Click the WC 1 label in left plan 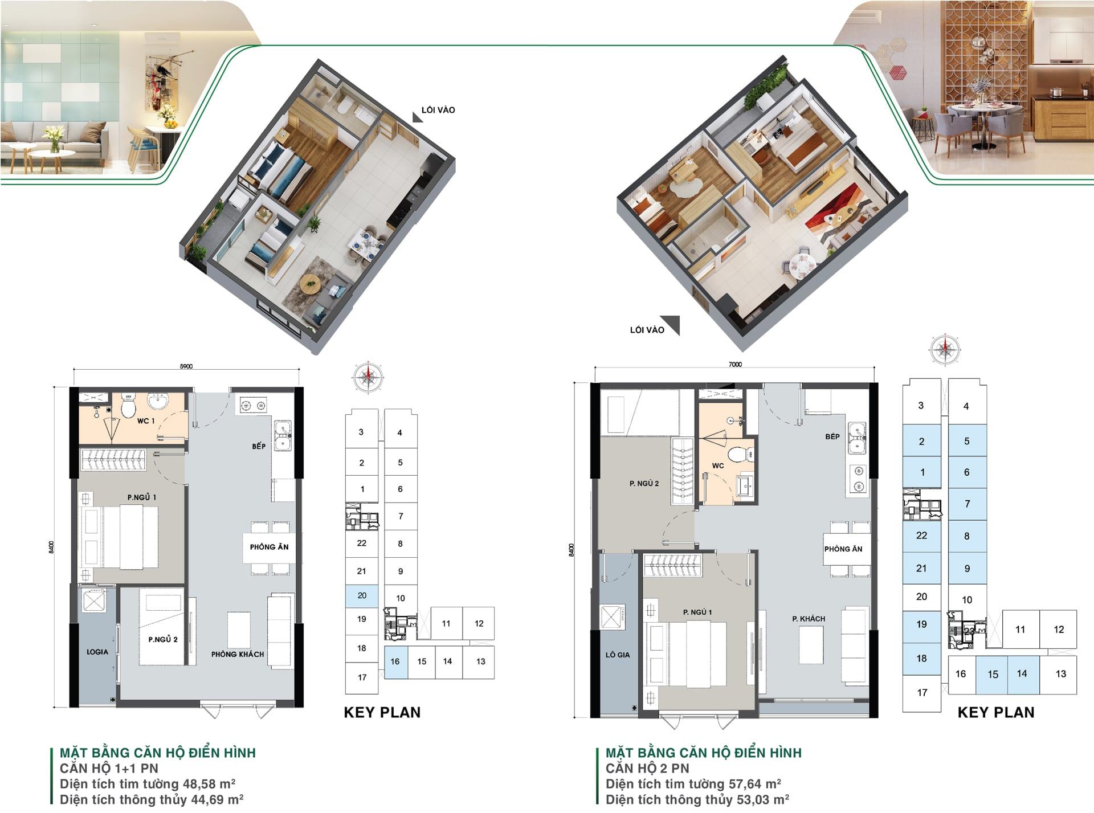click(145, 420)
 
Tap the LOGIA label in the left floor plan click(97, 652)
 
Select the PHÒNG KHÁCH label click(238, 654)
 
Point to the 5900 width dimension click(186, 366)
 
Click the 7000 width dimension click(735, 364)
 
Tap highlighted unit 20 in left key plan click(362, 595)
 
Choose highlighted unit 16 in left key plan click(395, 661)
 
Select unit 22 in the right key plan click(921, 536)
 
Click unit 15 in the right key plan click(993, 675)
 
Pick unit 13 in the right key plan click(1060, 674)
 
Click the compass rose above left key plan click(368, 377)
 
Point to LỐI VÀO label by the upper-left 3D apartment click(438, 110)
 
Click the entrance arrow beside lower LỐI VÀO click(672, 324)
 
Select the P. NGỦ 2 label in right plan click(644, 483)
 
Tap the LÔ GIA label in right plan click(618, 655)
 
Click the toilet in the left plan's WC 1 click(128, 406)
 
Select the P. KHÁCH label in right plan click(809, 619)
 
